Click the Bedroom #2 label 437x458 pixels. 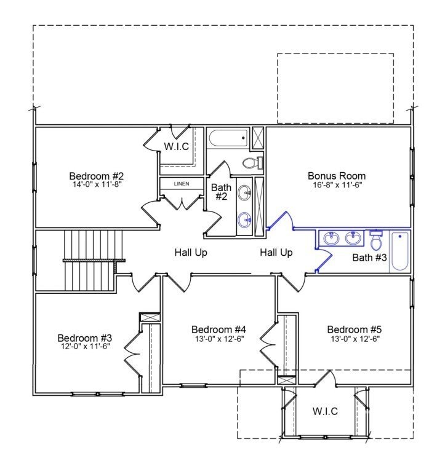pyautogui.click(x=96, y=176)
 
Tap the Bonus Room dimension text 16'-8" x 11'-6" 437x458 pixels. pyautogui.click(x=337, y=184)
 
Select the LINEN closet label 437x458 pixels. pyautogui.click(x=182, y=184)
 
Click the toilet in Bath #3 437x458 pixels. pyautogui.click(x=376, y=240)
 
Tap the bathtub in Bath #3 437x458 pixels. pyautogui.click(x=400, y=251)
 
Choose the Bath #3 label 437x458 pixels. pyautogui.click(x=369, y=258)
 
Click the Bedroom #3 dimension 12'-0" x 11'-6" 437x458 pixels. pyautogui.click(x=86, y=347)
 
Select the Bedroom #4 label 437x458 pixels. pyautogui.click(x=218, y=330)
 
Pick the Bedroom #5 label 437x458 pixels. pyautogui.click(x=355, y=330)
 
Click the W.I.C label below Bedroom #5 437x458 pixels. pyautogui.click(x=325, y=411)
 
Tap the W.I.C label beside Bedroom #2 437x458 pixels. pyautogui.click(x=177, y=146)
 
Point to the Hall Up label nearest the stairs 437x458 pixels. pyautogui.click(x=191, y=253)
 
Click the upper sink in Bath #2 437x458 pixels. pyautogui.click(x=244, y=193)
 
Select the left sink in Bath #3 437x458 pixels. pyautogui.click(x=331, y=238)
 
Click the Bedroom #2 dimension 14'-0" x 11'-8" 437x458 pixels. pyautogui.click(x=97, y=184)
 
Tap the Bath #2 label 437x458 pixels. pyautogui.click(x=221, y=192)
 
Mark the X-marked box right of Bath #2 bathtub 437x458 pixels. pyautogui.click(x=258, y=138)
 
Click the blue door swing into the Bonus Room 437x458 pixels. pyautogui.click(x=281, y=219)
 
